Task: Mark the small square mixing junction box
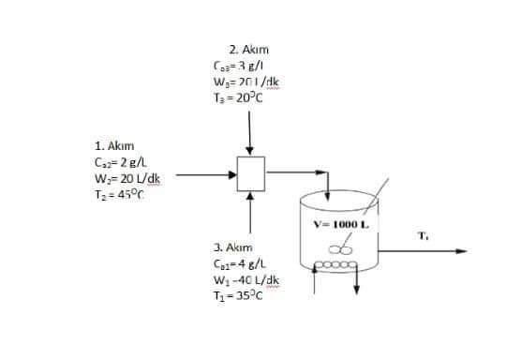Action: pyautogui.click(x=250, y=173)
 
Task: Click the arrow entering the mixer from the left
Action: pyautogui.click(x=206, y=173)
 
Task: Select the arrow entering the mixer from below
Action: pyautogui.click(x=250, y=211)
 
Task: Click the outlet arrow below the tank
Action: pyautogui.click(x=357, y=286)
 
